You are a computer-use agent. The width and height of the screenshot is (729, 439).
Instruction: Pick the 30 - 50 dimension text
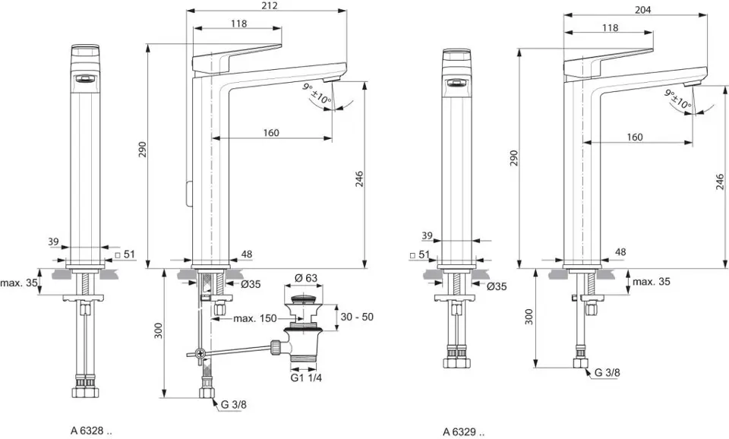pos(357,317)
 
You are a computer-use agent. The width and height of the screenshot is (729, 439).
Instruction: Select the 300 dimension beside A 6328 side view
pos(159,331)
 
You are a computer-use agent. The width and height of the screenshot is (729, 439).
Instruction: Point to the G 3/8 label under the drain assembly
pos(234,405)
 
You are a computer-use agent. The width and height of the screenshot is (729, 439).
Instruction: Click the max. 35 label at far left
pos(19,283)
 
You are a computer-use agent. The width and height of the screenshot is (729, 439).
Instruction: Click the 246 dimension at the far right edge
pos(719,181)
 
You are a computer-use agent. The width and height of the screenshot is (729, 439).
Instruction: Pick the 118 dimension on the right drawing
pos(609,28)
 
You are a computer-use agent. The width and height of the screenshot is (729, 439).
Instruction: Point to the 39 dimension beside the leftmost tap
pos(53,242)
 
